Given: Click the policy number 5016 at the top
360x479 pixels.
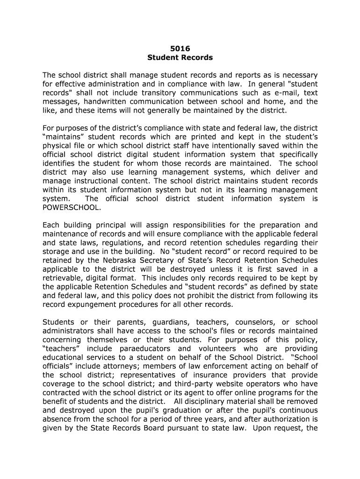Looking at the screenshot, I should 180,48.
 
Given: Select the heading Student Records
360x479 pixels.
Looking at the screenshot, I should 180,58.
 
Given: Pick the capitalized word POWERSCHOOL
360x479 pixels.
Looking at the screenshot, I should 71,207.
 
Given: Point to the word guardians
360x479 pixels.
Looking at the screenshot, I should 161,322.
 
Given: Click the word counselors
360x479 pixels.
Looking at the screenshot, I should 252,322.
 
